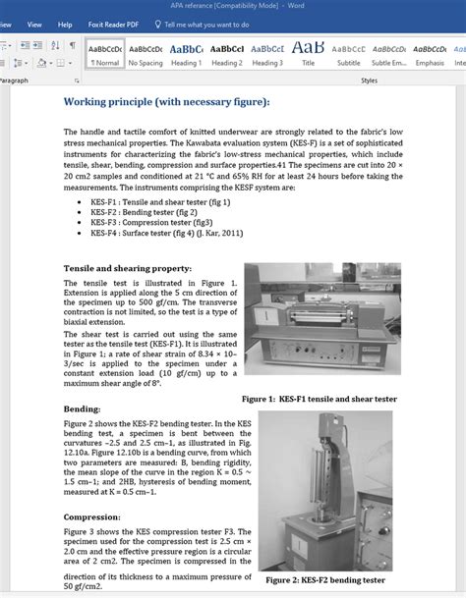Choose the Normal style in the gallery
click(x=104, y=53)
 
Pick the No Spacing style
click(x=145, y=53)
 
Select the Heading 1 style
click(x=186, y=53)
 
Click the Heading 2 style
click(x=226, y=53)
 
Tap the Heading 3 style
click(x=266, y=53)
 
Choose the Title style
click(x=308, y=53)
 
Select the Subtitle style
click(x=348, y=53)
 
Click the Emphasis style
click(x=430, y=53)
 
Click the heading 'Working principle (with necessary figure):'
click(x=166, y=101)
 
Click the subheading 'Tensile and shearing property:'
click(x=128, y=267)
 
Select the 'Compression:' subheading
click(x=92, y=516)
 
